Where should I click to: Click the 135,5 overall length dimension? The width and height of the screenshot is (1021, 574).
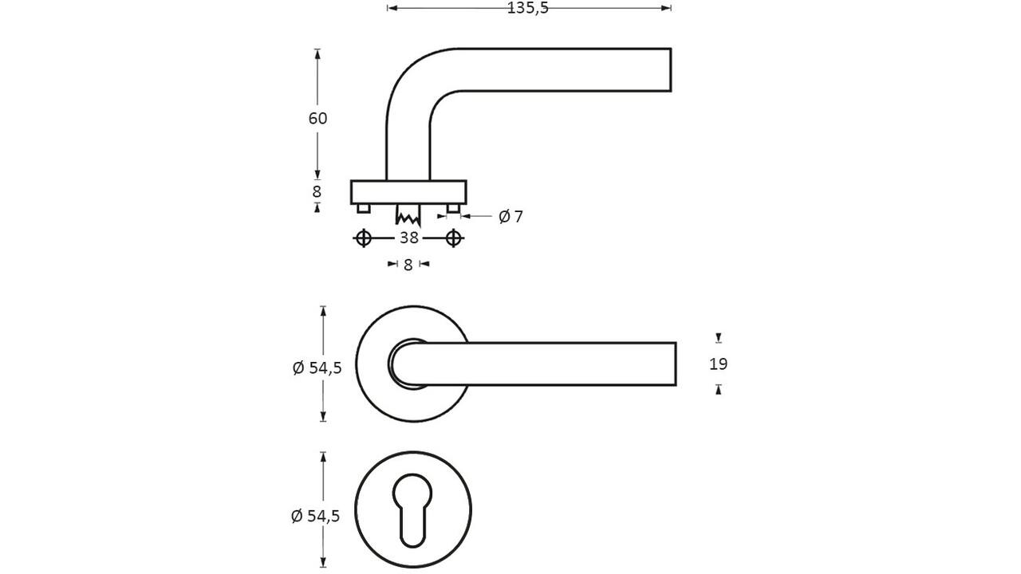point(528,8)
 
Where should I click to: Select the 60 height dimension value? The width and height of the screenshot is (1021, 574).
point(317,119)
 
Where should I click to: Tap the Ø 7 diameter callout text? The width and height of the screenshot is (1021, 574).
point(511,216)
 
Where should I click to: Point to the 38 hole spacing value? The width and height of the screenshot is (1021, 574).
point(409,238)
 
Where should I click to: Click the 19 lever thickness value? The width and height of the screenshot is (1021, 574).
point(719,364)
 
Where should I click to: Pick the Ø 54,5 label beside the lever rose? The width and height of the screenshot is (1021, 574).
point(317,368)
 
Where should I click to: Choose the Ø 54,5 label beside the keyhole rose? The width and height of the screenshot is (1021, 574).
point(315,516)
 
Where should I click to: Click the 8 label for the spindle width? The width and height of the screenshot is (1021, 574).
point(408,264)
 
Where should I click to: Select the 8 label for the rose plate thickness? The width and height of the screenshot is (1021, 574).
point(317,192)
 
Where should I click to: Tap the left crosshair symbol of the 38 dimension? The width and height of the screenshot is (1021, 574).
point(363,238)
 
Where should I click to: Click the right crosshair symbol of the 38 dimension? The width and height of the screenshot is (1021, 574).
point(454,238)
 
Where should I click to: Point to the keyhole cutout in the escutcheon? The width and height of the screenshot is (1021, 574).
point(412,510)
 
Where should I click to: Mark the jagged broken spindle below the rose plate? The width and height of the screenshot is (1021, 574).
point(408,214)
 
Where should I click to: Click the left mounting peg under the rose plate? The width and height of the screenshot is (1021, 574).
point(363,208)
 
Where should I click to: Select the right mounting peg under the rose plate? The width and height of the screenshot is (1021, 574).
point(454,208)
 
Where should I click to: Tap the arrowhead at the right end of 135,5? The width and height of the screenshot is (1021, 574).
point(666,8)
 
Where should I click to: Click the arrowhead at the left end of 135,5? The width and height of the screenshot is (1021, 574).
point(392,8)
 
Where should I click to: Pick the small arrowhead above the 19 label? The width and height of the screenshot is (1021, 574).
point(719,337)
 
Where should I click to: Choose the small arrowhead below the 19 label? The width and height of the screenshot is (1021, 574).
point(719,390)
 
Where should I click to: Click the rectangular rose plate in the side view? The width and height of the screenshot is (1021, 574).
point(408,192)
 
